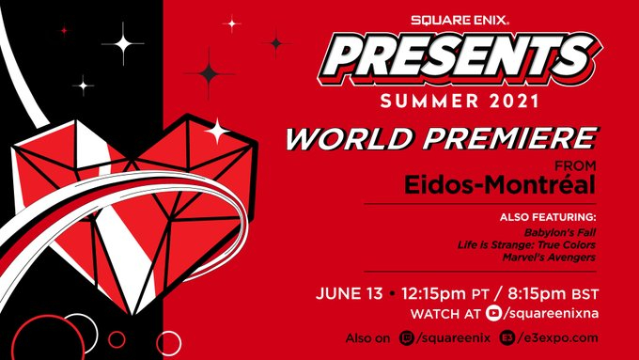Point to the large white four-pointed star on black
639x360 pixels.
[x=122, y=43]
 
